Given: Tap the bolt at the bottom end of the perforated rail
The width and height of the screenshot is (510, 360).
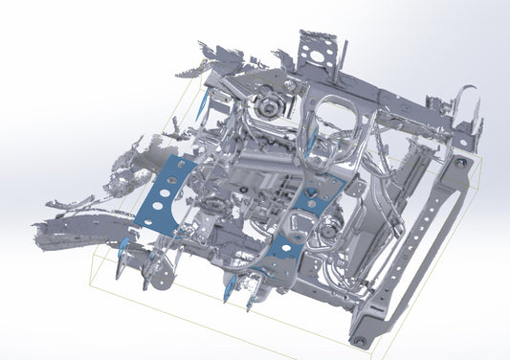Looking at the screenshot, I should (x=359, y=339).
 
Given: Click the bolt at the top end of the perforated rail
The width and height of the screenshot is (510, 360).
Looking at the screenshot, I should (x=461, y=163).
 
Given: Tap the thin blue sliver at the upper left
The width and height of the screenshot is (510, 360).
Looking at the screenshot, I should (x=203, y=105).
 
